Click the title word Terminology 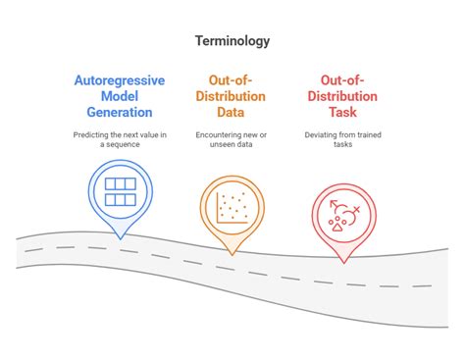pyautogui.click(x=232, y=41)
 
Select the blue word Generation pyautogui.click(x=119, y=112)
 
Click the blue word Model pyautogui.click(x=119, y=96)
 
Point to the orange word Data pyautogui.click(x=232, y=112)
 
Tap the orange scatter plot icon pyautogui.click(x=232, y=203)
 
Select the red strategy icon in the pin pyautogui.click(x=343, y=212)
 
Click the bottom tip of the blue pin pyautogui.click(x=119, y=237)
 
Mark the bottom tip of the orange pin pyautogui.click(x=232, y=254)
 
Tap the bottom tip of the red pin pyautogui.click(x=343, y=263)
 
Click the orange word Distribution pyautogui.click(x=232, y=96)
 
